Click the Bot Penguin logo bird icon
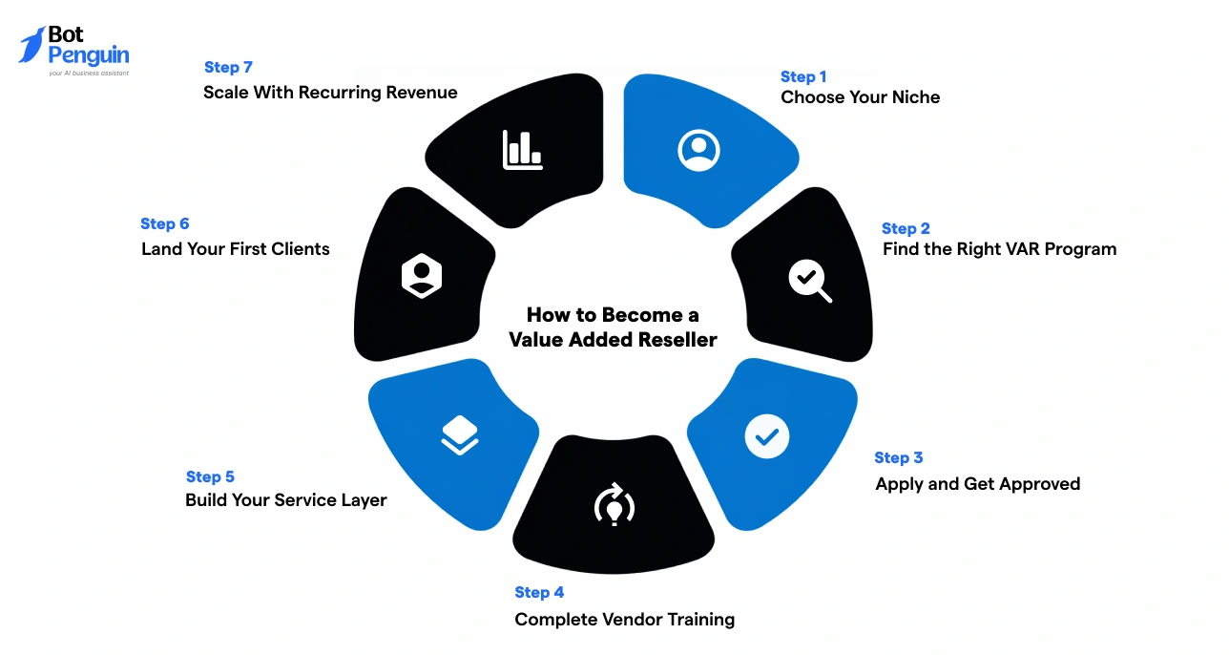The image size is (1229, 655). coord(31,45)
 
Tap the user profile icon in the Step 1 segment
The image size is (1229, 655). coord(698,150)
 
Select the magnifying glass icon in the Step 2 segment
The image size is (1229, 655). coord(809,281)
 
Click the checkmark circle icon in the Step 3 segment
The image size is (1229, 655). coord(766,436)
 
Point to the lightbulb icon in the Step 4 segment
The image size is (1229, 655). coord(614,506)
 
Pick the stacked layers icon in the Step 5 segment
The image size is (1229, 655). coord(460,435)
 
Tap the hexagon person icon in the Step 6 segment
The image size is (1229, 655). coord(421,277)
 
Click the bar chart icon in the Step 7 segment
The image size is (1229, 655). coord(522,150)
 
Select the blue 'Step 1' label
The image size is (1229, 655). coord(803,76)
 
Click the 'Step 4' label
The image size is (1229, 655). coord(539,592)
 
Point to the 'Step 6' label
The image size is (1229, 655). coord(165,223)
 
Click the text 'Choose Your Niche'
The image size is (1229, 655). coord(860,97)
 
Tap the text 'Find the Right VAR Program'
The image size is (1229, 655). coord(999,249)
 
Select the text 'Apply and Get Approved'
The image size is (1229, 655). coord(977,484)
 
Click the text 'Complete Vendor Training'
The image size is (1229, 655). coord(624,620)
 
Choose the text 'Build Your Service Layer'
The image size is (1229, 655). coord(286,500)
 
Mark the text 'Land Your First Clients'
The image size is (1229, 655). coord(236,249)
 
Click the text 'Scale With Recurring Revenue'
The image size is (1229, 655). coord(330,93)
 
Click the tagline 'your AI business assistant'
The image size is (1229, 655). coord(88,73)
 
